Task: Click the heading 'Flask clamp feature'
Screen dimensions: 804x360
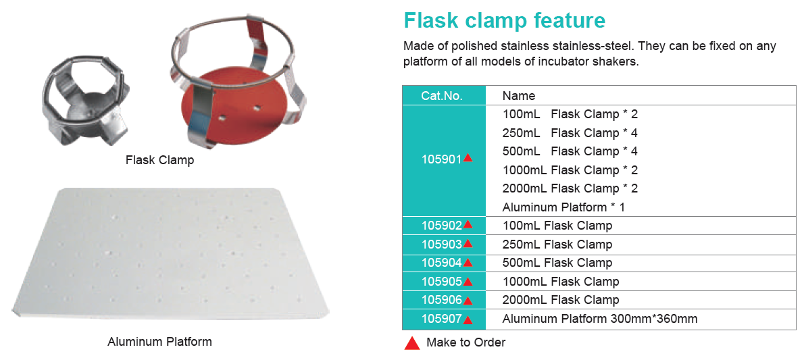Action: [x=505, y=20]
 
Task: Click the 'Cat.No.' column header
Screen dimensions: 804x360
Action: [x=441, y=95]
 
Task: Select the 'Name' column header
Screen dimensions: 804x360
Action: [x=519, y=95]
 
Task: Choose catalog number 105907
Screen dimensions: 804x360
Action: [x=441, y=319]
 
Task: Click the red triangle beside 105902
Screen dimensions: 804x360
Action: [x=467, y=225]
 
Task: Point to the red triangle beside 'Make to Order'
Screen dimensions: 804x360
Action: [x=412, y=343]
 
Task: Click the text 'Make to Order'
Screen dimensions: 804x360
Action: [x=466, y=342]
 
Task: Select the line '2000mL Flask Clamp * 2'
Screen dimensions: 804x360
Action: [x=570, y=188]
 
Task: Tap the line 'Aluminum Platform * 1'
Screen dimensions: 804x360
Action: [x=563, y=208]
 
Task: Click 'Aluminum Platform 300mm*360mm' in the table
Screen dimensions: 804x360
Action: [x=600, y=319]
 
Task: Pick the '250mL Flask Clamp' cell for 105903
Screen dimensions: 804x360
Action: [x=557, y=244]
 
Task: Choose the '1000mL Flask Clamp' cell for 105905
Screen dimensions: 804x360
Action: [x=561, y=282]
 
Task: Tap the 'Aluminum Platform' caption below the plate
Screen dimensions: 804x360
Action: [x=159, y=342]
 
